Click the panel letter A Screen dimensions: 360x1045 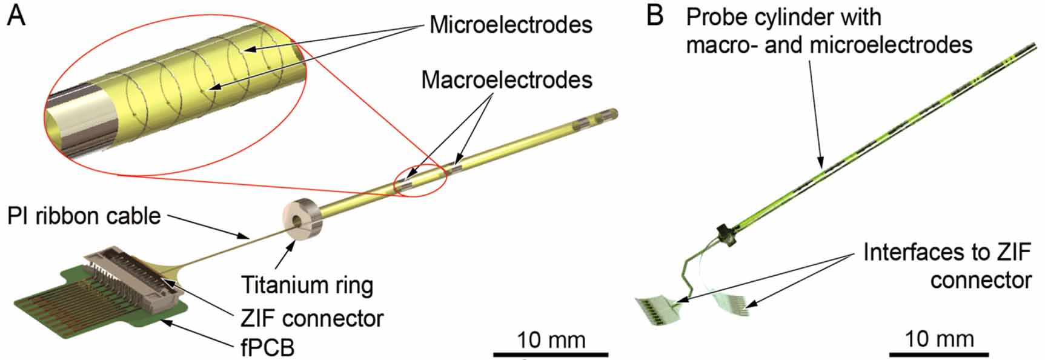click(x=16, y=16)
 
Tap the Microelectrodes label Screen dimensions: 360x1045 click(x=510, y=25)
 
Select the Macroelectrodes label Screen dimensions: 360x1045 click(x=506, y=80)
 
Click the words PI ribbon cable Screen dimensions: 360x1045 click(x=84, y=216)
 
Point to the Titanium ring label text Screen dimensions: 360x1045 click(x=307, y=285)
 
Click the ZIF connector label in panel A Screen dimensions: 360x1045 click(x=311, y=318)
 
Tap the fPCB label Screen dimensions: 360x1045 click(x=267, y=347)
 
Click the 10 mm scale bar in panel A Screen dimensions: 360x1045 click(x=550, y=353)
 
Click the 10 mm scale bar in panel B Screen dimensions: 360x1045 click(x=938, y=353)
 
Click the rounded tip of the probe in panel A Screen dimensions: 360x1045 click(x=613, y=112)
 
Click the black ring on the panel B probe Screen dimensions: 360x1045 click(x=725, y=234)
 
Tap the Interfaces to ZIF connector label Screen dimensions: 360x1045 click(x=947, y=265)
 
